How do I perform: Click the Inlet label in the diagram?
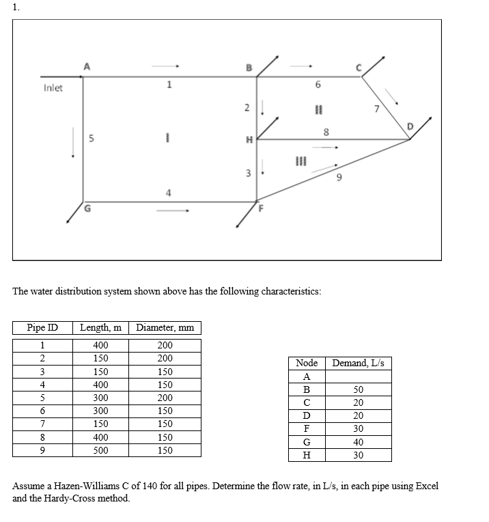tap(53, 88)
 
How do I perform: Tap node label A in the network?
tap(86, 66)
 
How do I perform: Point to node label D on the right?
tap(410, 126)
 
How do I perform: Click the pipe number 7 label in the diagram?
tap(374, 109)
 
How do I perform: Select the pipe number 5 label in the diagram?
tap(91, 139)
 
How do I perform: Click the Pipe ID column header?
tap(42, 328)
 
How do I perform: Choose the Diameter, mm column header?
tap(165, 328)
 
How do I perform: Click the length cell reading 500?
tap(100, 450)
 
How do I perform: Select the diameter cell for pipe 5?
tap(165, 398)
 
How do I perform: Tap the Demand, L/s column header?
tap(359, 363)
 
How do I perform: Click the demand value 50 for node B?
tap(358, 389)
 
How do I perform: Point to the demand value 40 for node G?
tap(358, 442)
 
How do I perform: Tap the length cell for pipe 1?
tap(100, 346)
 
